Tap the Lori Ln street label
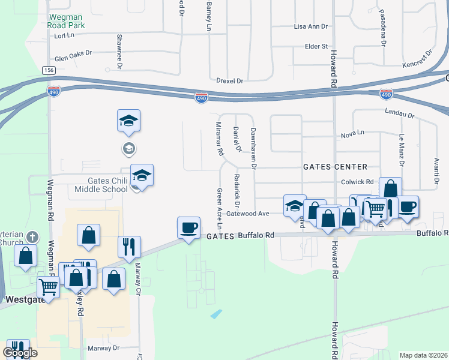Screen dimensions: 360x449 pos(63,36)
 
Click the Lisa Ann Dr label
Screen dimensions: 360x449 pos(311,27)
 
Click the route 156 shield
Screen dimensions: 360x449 pos(49,70)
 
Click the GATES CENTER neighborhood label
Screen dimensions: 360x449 pos(334,167)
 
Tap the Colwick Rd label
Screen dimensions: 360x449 pos(357,182)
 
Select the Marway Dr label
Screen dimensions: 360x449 pos(104,348)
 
